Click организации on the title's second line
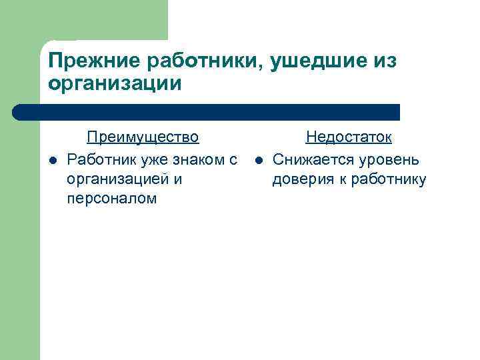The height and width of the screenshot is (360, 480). [x=114, y=84]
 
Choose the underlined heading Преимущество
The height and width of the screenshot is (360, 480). [x=143, y=137]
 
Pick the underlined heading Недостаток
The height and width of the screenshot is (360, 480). [x=348, y=137]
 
